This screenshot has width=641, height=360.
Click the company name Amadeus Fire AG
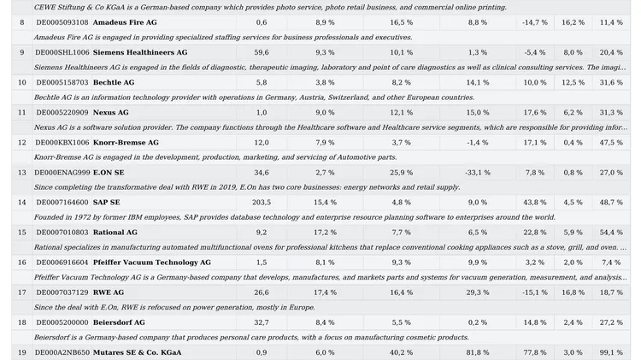(125, 22)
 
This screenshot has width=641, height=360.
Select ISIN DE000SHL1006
(62, 52)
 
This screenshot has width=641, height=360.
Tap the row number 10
(22, 82)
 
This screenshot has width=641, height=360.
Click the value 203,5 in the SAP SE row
(262, 202)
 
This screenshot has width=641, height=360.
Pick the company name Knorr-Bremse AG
(126, 142)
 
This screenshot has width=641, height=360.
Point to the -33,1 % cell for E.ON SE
(478, 172)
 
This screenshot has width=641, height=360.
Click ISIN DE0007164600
(62, 202)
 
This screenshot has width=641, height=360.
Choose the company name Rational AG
(115, 233)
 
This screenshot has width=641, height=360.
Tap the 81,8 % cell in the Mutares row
(478, 352)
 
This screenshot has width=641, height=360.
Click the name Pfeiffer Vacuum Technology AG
(152, 263)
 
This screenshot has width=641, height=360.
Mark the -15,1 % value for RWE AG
(535, 292)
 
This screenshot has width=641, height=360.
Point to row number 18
(22, 322)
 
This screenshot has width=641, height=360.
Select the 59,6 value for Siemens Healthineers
(262, 52)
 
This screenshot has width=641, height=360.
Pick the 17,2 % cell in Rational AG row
(325, 233)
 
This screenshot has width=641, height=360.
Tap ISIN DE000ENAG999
(62, 172)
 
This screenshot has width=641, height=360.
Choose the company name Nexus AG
(111, 113)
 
